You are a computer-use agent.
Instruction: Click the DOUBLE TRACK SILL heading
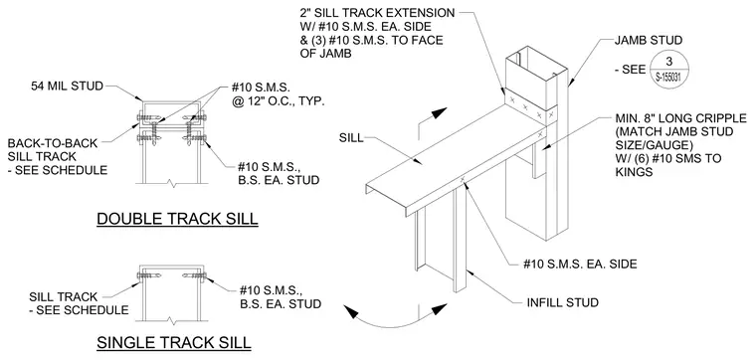click(177, 219)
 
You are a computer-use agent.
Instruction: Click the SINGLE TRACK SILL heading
click(174, 343)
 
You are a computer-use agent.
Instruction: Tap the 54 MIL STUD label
click(68, 87)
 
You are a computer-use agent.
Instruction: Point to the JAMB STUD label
click(649, 41)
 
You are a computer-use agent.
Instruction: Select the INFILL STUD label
click(563, 302)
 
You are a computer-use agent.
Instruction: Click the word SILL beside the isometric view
click(350, 139)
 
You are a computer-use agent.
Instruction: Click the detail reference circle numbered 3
click(668, 70)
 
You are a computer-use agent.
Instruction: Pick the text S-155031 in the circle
click(668, 79)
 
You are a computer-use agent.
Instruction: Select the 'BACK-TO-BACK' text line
click(53, 143)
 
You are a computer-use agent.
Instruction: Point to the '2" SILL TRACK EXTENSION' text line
click(378, 13)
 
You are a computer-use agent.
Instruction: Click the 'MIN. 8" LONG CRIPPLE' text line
click(681, 118)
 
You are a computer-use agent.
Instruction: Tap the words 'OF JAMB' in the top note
click(326, 54)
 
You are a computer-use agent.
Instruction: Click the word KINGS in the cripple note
click(633, 172)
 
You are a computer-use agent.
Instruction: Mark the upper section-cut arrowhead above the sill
click(440, 113)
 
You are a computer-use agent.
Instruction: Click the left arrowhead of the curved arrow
click(352, 312)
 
